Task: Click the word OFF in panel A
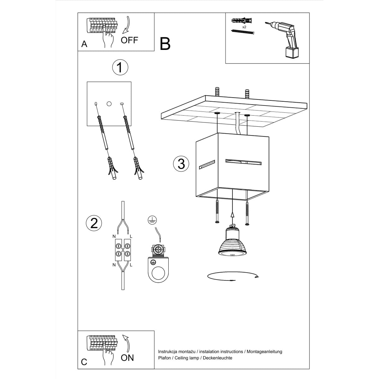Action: point(129,40)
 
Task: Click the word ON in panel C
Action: point(127,358)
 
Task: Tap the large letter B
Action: point(165,44)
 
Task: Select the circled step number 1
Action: point(120,68)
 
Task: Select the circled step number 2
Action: point(94,223)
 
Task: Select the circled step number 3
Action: point(181,164)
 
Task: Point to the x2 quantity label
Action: point(244,27)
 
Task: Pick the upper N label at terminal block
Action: point(114,236)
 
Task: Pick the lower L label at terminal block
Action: point(131,265)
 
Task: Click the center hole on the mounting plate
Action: point(109,104)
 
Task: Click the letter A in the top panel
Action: point(84,44)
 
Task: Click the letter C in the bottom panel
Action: point(84,362)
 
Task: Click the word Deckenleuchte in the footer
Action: point(218,358)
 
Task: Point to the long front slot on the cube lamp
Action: point(243,163)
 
